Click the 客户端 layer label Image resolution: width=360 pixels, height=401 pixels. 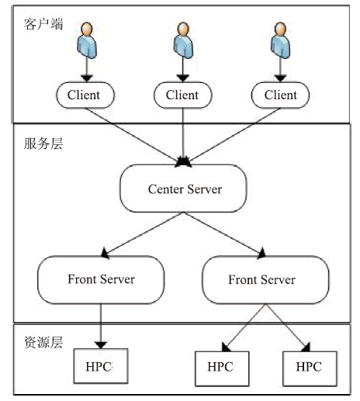(43, 24)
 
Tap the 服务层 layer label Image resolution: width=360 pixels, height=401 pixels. (43, 143)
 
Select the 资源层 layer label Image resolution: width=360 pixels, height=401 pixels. (43, 342)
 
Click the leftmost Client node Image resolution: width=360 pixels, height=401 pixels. (85, 95)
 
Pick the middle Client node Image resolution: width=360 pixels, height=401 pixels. (183, 95)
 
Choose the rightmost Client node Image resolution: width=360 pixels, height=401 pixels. (280, 95)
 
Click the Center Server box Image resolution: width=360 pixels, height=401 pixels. (183, 188)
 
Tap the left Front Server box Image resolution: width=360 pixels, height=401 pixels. (101, 279)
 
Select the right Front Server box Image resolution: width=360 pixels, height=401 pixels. (265, 280)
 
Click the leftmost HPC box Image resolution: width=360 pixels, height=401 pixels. (101, 366)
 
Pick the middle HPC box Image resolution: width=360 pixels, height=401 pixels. (222, 368)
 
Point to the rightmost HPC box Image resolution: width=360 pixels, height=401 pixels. (310, 368)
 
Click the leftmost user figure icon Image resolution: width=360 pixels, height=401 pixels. (87, 40)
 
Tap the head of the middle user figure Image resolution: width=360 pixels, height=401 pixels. (183, 29)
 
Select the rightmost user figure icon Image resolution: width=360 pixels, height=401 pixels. (280, 40)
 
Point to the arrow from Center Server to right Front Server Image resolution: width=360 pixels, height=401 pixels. (224, 235)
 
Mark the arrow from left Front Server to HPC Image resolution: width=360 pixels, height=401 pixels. (101, 327)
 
